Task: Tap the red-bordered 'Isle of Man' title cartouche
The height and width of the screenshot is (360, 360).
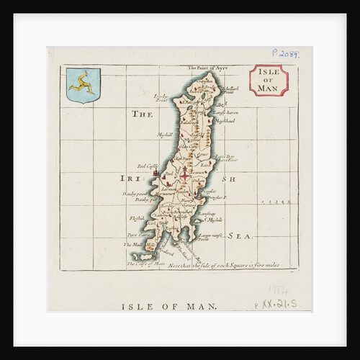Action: click(x=269, y=80)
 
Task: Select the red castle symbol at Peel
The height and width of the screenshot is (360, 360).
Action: click(x=154, y=174)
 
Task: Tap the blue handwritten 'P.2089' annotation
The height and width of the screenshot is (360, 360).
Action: click(x=285, y=53)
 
